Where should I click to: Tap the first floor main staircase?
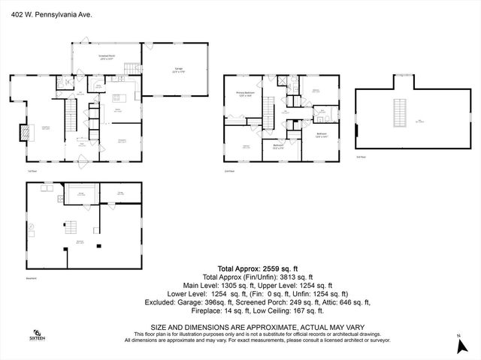click(71, 117)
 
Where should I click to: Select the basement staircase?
click(71, 226)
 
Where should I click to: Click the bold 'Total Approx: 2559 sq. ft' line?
click(258, 268)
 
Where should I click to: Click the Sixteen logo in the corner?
click(37, 335)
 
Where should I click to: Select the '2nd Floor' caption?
click(230, 171)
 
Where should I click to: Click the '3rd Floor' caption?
click(362, 157)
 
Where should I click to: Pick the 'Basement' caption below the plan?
click(29, 278)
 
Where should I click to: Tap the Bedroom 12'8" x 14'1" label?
click(321, 136)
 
